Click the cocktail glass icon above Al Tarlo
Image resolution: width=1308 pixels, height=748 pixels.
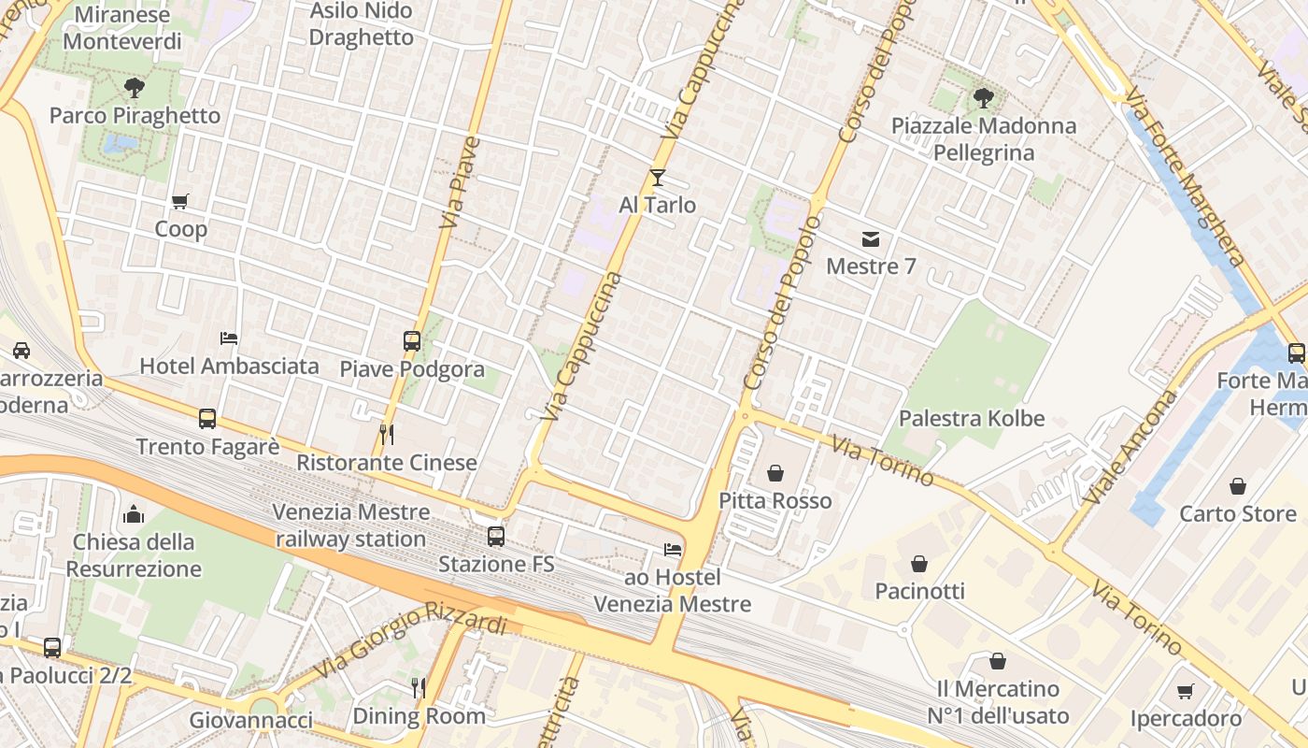[658, 177]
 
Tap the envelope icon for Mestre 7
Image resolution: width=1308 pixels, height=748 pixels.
[871, 239]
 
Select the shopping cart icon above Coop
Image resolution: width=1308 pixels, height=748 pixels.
[180, 201]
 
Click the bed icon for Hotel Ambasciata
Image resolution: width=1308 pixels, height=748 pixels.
[229, 338]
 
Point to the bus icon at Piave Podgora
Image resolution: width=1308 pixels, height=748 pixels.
[412, 341]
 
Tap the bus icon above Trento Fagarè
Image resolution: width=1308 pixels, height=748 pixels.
[207, 419]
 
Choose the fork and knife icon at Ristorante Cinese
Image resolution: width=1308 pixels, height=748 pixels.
[387, 435]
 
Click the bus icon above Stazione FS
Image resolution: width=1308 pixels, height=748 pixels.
[496, 537]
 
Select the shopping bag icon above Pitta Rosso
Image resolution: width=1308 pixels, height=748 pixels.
[775, 473]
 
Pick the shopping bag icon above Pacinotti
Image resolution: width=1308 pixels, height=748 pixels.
[919, 564]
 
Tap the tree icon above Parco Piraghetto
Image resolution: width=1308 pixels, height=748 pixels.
[135, 88]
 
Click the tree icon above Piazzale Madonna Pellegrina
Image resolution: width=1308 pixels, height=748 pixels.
[983, 97]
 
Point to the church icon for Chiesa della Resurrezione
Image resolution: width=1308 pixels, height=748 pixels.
[134, 514]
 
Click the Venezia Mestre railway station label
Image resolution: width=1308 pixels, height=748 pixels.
[350, 525]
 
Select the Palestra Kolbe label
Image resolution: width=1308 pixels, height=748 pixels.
[972, 418]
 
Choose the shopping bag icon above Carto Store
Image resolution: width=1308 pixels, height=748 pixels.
[1238, 486]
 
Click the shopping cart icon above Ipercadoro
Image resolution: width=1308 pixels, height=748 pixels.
[1186, 691]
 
